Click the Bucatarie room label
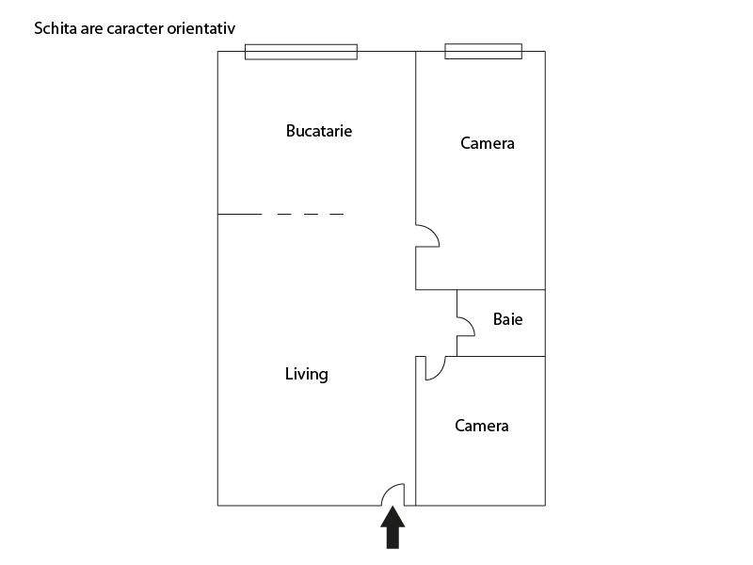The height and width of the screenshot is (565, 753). [x=319, y=131]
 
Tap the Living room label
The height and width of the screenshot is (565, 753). [x=307, y=374]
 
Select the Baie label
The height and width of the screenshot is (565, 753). [x=507, y=319]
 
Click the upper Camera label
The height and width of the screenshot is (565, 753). [x=488, y=143]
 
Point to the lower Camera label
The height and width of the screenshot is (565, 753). [x=482, y=426]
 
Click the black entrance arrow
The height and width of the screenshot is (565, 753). [x=393, y=527]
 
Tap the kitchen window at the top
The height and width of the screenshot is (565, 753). [x=301, y=52]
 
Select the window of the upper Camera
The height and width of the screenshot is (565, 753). [x=483, y=52]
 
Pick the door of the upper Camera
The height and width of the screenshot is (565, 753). [x=433, y=232]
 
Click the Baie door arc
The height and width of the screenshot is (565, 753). [x=470, y=323]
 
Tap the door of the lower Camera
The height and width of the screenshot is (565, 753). [x=441, y=373]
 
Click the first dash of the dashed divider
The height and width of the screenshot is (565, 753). [x=284, y=215]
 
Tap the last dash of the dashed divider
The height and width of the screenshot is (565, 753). [x=337, y=215]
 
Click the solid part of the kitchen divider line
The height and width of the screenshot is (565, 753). [x=240, y=215]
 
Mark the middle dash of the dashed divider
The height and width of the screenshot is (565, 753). [x=311, y=215]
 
